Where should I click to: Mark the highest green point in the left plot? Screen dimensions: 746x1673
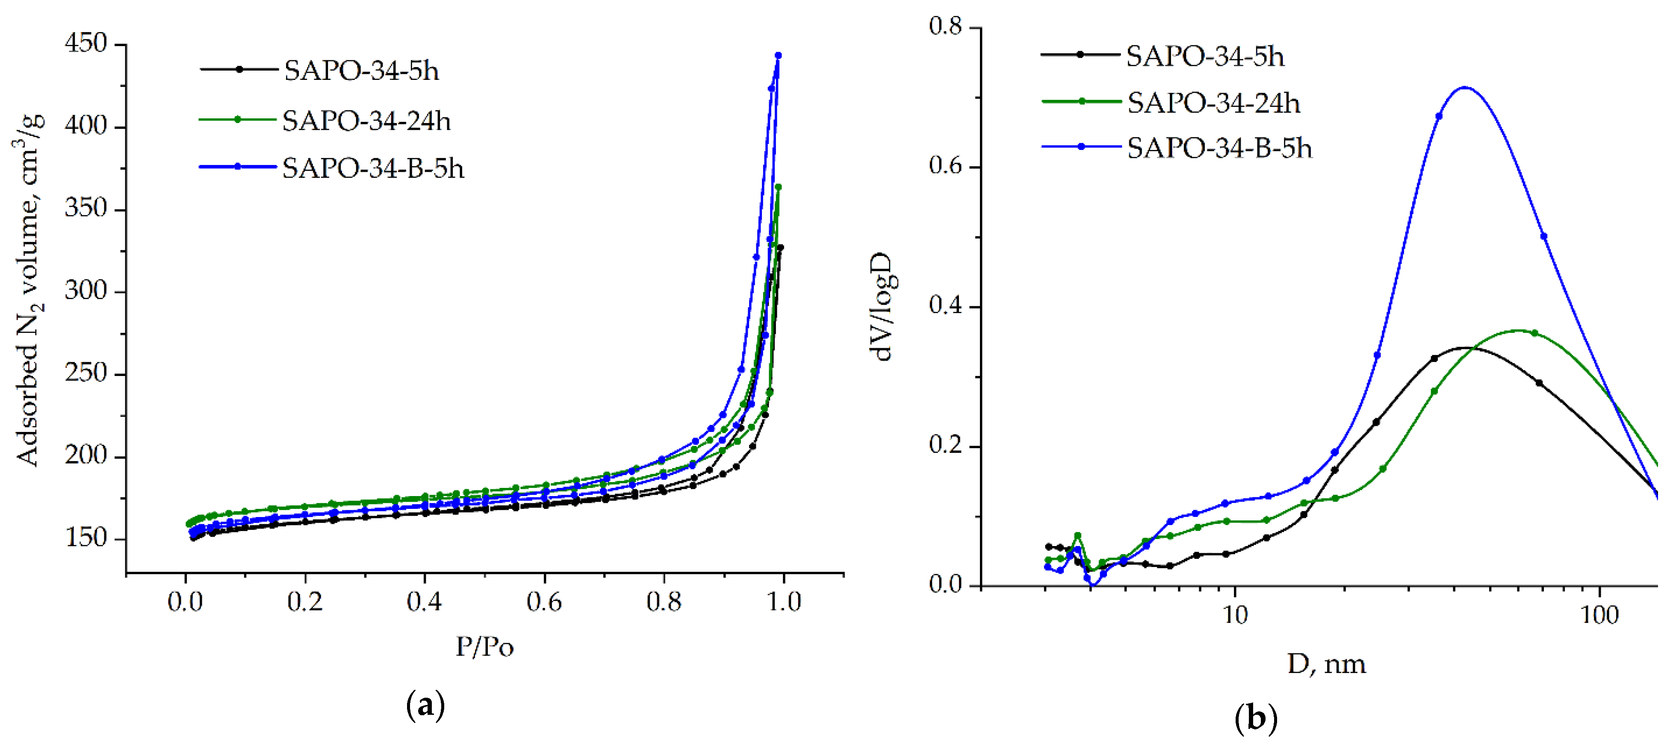(778, 188)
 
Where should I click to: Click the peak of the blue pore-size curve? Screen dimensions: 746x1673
(1464, 88)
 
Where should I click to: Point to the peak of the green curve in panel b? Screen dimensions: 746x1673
(1518, 330)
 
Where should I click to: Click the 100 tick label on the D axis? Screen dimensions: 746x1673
(1599, 615)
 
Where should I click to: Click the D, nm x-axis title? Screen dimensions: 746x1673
(1326, 664)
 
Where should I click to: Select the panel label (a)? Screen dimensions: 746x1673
(425, 705)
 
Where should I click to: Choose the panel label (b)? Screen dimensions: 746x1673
(1255, 719)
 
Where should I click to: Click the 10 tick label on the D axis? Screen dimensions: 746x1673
(1235, 615)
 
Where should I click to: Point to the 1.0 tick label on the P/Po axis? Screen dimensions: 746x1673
(784, 602)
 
